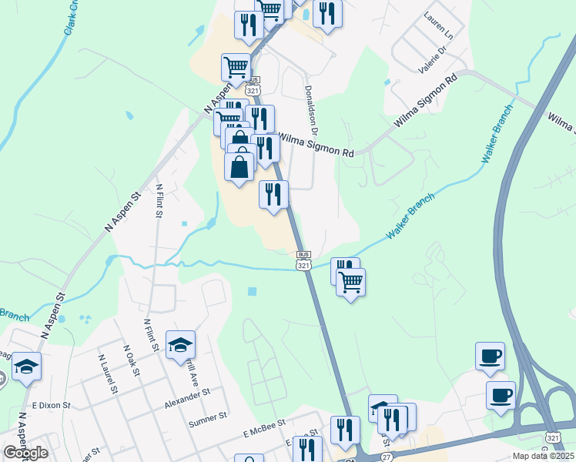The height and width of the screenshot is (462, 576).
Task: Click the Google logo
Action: point(25,453)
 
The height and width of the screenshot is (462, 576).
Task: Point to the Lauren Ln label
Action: point(439,26)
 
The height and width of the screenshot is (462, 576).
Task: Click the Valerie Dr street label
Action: point(432,59)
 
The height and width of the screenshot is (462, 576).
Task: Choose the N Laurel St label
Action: point(108,373)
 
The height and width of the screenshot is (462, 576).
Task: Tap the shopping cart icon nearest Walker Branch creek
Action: point(350,282)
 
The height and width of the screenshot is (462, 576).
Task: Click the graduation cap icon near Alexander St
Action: point(180,344)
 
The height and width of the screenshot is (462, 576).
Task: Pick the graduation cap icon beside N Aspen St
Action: point(25,367)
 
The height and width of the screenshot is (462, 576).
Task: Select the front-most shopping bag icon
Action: point(239,166)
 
